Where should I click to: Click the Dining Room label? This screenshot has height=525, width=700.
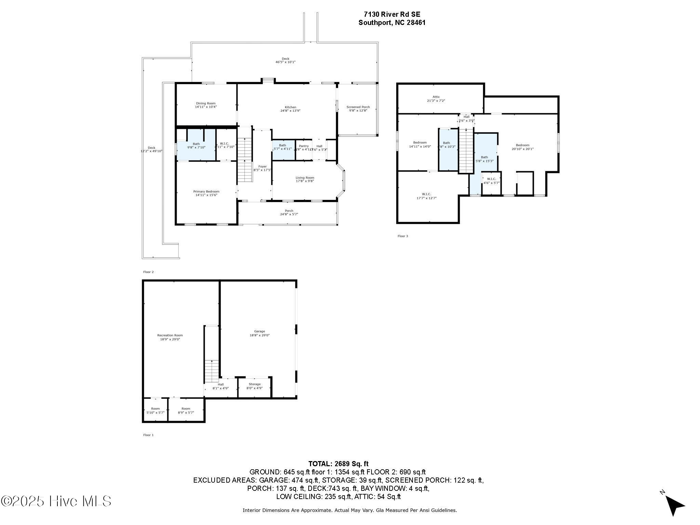206,103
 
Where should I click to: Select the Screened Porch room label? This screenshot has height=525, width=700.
358,107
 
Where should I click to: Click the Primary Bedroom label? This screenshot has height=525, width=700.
206,191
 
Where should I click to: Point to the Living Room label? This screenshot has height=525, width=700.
305,177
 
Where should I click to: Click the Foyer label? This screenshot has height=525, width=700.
262,166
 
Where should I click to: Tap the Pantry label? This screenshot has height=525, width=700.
304,146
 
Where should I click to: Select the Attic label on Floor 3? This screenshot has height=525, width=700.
436,97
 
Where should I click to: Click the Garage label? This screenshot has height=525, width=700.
259,331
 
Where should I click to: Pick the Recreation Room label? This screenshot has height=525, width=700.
170,335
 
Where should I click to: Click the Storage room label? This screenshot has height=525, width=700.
254,384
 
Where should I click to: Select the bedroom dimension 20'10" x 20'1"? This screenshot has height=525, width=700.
522,149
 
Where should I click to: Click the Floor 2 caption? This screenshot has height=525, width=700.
148,272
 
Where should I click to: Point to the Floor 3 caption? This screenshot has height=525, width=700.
403,236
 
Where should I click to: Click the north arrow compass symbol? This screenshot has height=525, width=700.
673,504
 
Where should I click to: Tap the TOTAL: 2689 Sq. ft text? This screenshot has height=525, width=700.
338,464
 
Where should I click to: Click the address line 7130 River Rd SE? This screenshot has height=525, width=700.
392,14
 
